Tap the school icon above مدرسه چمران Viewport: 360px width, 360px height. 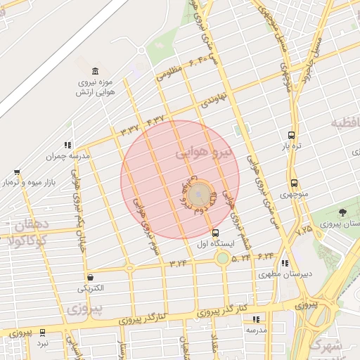(68, 145)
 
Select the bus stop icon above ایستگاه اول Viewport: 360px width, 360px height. (215, 233)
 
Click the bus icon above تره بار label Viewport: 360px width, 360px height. (291, 135)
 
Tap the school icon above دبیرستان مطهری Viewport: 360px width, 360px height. (285, 264)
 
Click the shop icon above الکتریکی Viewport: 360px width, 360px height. (90, 277)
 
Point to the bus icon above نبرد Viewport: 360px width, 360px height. (43, 333)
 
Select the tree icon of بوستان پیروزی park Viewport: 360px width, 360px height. (342, 212)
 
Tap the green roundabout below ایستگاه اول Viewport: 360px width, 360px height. (222, 259)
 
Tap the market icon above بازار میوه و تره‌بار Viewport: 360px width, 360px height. (17, 172)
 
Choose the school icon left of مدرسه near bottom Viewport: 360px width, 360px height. (256, 319)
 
